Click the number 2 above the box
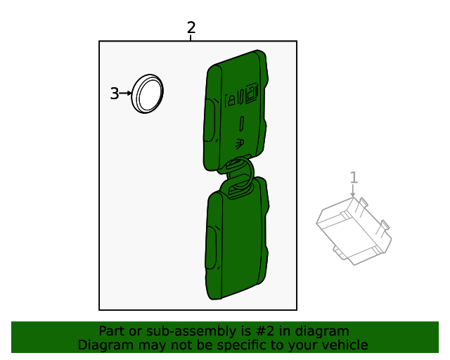tap(191, 28)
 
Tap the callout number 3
tap(115, 94)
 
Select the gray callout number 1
tap(354, 178)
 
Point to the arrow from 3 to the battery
tap(126, 94)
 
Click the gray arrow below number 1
tap(354, 191)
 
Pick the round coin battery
tap(147, 93)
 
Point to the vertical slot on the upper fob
tap(241, 123)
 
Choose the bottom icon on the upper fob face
tap(240, 143)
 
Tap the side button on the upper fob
tap(209, 118)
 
